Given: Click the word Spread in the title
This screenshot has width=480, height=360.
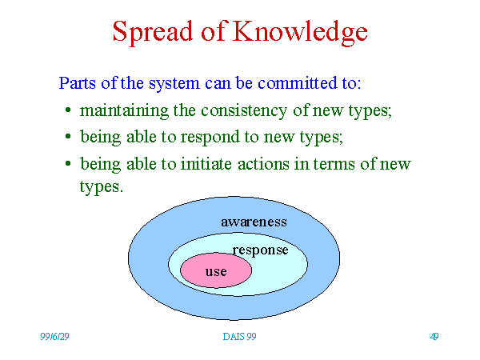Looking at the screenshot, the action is [153, 32].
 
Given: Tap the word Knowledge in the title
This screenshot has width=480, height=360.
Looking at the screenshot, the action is [300, 32].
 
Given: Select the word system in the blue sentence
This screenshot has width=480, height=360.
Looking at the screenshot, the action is [174, 84].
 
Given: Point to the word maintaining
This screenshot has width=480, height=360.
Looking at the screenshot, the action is [124, 111].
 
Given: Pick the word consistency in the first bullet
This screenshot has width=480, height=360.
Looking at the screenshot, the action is [244, 111].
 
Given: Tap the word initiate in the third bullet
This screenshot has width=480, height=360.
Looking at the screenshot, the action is [206, 164].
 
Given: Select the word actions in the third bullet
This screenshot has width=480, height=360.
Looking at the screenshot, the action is [263, 164].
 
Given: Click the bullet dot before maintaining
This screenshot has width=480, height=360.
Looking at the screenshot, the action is [68, 110].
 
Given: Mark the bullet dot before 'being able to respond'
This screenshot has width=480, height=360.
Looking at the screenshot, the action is [68, 137].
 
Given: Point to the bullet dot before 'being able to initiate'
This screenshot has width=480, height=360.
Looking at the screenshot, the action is [68, 164].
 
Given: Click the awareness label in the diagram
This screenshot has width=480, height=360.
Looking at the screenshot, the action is [254, 222].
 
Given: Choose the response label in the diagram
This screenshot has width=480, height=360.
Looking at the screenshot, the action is [260, 250].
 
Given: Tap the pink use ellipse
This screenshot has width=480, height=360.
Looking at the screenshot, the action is [216, 270].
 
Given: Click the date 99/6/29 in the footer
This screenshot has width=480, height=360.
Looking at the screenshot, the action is [54, 337].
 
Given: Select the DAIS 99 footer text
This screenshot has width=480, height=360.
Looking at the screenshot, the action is [239, 337].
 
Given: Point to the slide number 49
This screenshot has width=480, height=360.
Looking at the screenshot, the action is [434, 337].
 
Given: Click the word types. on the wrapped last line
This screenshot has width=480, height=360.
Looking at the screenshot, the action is [102, 187].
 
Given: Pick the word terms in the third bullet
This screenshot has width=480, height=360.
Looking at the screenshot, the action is [334, 164].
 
